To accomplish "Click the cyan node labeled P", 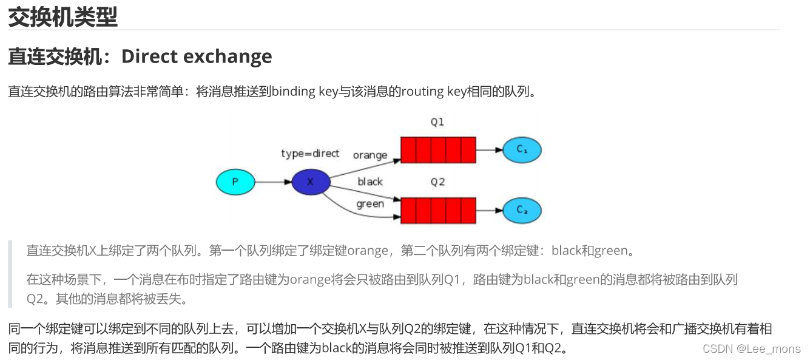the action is (x=235, y=182).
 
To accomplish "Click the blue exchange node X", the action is (x=311, y=182).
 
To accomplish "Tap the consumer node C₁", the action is (x=521, y=149).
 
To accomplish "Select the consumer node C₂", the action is (x=521, y=210).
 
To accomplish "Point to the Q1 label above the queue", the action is (x=437, y=122).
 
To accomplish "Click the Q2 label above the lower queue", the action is (x=437, y=182).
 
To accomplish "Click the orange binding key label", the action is (x=370, y=155).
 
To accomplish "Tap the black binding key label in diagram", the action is (x=370, y=182).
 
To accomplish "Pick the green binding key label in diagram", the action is (x=370, y=204).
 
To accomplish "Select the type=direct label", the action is (x=310, y=154).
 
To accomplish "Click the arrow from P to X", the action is (x=273, y=182).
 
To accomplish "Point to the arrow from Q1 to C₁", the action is (x=489, y=149).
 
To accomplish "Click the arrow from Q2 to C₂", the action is (x=489, y=210).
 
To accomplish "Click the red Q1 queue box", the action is (x=437, y=149).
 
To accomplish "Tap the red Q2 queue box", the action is (x=437, y=210).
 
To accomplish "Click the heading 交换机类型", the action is (x=62, y=16).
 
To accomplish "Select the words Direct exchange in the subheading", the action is (x=197, y=56).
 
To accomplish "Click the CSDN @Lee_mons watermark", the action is (x=751, y=348).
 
